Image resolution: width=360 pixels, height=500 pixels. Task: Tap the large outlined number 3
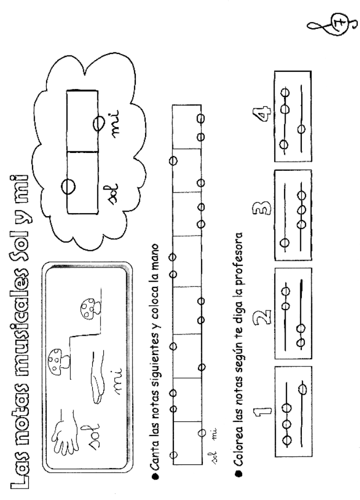coord(261,209)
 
